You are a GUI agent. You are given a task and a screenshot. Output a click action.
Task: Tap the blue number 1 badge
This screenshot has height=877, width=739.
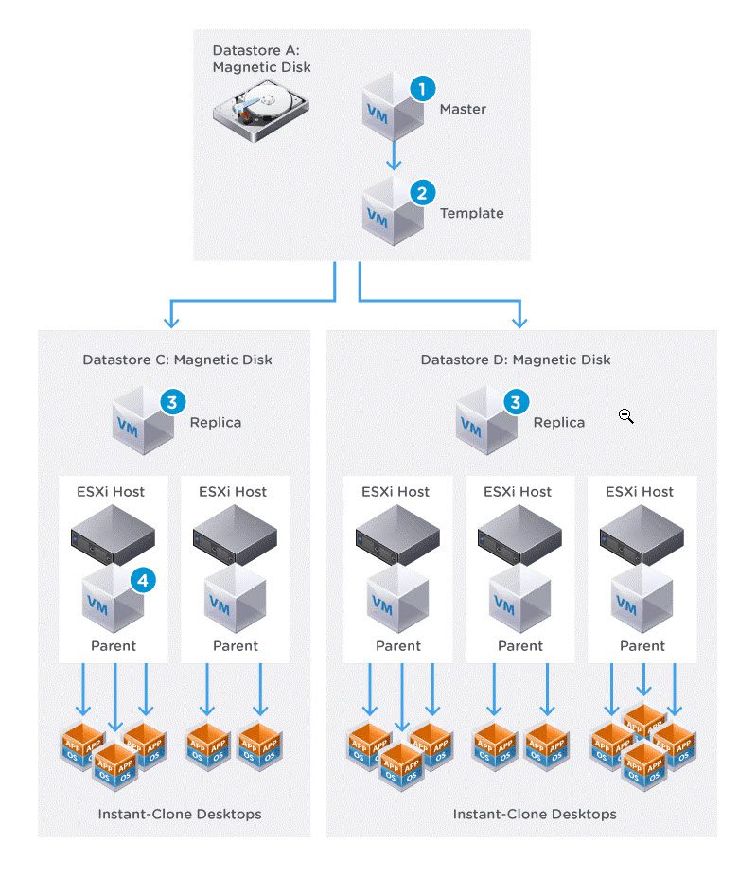pyautogui.click(x=422, y=89)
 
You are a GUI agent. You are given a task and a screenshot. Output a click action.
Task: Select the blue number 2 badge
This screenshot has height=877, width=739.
pyautogui.click(x=422, y=193)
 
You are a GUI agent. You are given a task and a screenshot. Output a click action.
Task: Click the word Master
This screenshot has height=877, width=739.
pyautogui.click(x=463, y=109)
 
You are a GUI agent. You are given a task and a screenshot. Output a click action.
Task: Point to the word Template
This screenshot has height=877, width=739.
pyautogui.click(x=471, y=213)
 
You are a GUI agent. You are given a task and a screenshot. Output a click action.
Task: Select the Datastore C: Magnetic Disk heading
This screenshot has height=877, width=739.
pyautogui.click(x=177, y=360)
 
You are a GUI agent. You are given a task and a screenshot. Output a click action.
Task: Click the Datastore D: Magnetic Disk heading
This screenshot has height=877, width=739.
pyautogui.click(x=516, y=360)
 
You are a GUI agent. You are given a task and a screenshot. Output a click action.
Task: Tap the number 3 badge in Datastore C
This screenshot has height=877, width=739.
pyautogui.click(x=171, y=402)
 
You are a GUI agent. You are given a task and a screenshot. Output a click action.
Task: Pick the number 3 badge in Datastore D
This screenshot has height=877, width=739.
pyautogui.click(x=515, y=402)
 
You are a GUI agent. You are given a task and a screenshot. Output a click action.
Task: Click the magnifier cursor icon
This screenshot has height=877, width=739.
pyautogui.click(x=625, y=415)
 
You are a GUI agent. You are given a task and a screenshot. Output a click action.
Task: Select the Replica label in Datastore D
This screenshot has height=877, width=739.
pyautogui.click(x=559, y=422)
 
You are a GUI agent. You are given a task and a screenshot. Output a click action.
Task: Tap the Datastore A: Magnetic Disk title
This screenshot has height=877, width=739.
pyautogui.click(x=261, y=59)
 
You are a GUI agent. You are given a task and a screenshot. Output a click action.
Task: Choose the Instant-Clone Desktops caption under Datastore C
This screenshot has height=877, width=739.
pyautogui.click(x=180, y=814)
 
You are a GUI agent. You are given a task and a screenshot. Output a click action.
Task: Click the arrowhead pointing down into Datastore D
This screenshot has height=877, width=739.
pyautogui.click(x=520, y=320)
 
